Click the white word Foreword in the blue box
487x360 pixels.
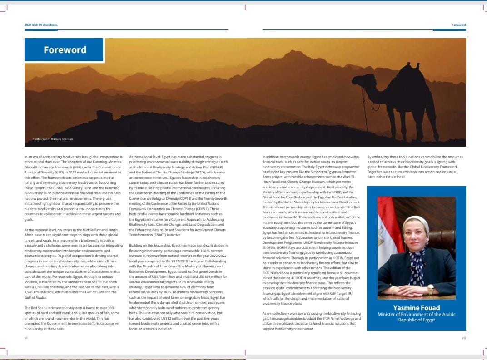65,50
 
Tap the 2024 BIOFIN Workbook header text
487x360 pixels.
41,25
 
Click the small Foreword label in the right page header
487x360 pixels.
459,25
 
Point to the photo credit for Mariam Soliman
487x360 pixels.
52,139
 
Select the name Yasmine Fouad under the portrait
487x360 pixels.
416,308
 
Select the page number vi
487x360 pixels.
26,338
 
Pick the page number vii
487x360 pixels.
463,338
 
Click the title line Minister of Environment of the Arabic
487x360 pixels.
416,314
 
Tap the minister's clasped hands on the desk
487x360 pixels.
411,291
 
